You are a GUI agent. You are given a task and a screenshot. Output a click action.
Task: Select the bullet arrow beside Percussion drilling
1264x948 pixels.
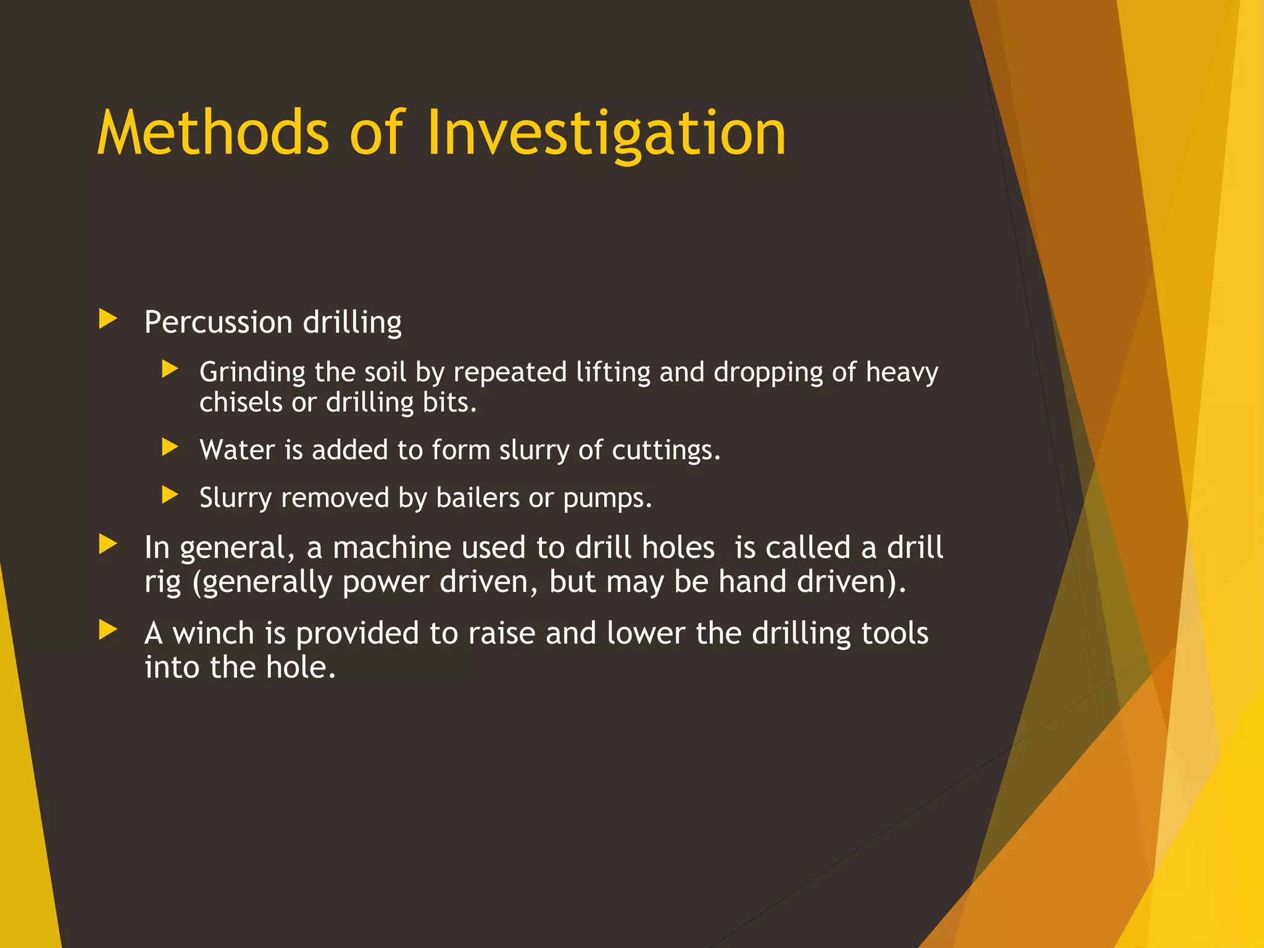[108, 319]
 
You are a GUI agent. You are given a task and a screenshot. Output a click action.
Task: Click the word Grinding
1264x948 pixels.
[252, 372]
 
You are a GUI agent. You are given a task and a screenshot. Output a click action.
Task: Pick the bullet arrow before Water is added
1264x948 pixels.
[170, 447]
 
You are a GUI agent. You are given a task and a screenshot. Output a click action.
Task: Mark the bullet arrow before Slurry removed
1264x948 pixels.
[170, 494]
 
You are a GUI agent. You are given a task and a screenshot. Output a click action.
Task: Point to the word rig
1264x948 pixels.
[163, 583]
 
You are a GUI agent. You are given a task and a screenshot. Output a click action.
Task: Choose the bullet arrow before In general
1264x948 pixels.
[108, 544]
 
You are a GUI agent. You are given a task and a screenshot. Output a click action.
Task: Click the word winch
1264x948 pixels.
[213, 633]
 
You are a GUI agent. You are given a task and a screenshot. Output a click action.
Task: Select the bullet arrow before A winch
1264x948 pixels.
[108, 630]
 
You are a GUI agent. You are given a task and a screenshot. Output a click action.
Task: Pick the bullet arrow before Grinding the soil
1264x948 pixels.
[170, 369]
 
